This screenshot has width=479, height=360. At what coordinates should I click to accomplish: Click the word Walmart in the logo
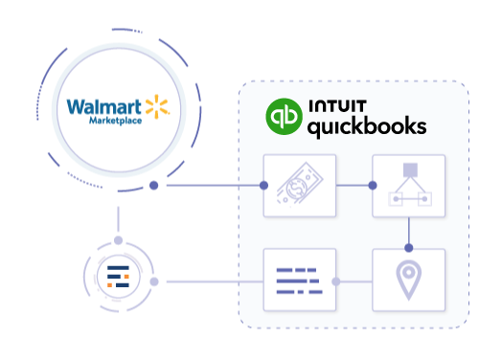pos(100,105)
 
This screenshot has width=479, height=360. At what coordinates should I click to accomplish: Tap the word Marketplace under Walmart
pos(115,122)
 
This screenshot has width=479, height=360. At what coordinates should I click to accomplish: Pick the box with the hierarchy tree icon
pos(409,184)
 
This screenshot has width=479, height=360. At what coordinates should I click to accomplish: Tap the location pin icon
pos(409,281)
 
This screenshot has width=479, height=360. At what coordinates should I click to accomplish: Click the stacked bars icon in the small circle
pos(118,280)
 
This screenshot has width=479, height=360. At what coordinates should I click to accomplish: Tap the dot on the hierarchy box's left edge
pos(372,186)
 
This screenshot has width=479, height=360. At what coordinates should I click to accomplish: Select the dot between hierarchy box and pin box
pos(410,247)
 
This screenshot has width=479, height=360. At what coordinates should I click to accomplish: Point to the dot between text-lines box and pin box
pos(336,281)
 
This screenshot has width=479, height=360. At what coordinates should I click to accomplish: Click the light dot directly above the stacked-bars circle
pos(118,240)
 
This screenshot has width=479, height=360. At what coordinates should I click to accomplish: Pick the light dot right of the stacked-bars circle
pos(168,281)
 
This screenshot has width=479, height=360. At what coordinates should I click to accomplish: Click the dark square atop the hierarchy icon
pos(409,169)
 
